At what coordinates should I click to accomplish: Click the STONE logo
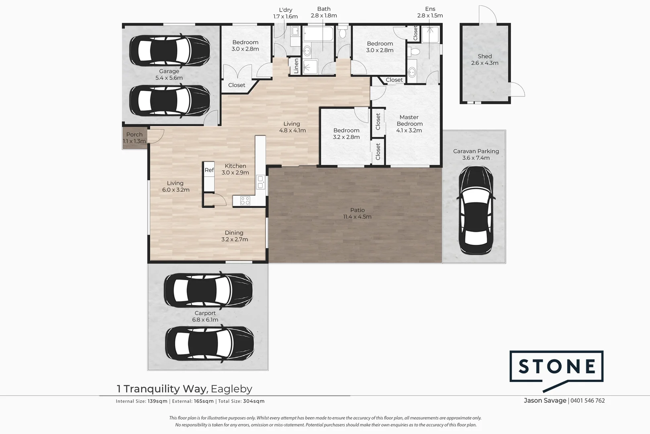coord(556,366)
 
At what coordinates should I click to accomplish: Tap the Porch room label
coord(134,135)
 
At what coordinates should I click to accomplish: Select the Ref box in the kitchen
coord(209,170)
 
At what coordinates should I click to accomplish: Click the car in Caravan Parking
coord(476,210)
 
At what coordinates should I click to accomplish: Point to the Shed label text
coord(484,56)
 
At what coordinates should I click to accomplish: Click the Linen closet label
coord(296,66)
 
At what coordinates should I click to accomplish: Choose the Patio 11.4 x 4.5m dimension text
coord(357,217)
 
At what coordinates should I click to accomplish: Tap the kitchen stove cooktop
coord(245,200)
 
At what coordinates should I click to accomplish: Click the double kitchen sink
coord(260,182)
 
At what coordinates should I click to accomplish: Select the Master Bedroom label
coord(409,121)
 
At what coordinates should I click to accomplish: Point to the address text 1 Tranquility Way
coord(162,389)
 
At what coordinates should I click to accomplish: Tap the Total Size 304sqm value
coord(254,401)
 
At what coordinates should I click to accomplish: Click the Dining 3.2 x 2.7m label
coord(234,236)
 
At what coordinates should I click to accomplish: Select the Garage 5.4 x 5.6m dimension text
coord(169,78)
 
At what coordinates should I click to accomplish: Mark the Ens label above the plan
coord(430,9)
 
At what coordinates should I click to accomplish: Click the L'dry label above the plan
coord(285,10)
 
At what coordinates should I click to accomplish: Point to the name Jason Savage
coord(545,401)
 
